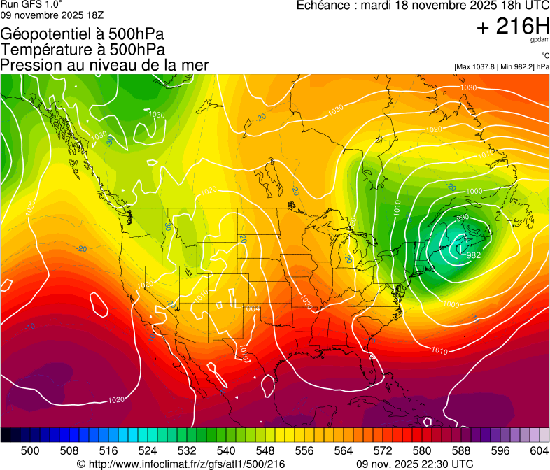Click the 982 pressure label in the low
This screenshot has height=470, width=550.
click(473, 255)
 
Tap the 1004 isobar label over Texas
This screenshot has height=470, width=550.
click(251, 308)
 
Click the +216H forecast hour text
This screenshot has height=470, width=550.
click(513, 27)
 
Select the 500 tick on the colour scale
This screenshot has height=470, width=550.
click(30, 450)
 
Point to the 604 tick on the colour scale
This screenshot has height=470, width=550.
click(539, 450)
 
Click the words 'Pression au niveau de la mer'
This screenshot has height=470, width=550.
click(104, 65)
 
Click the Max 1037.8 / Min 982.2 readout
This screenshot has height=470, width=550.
click(502, 66)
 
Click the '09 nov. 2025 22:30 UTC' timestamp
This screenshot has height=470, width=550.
click(414, 464)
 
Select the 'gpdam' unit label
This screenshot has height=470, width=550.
click(540, 40)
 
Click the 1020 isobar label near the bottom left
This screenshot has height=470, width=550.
click(117, 400)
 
